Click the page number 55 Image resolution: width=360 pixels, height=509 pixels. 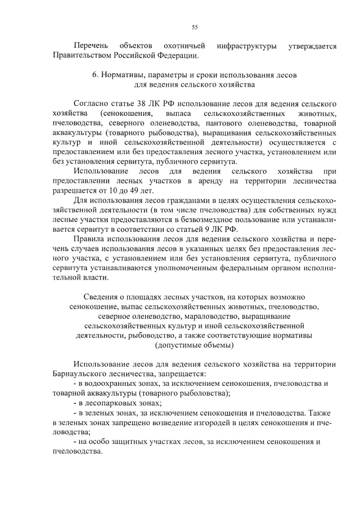(x=194, y=26)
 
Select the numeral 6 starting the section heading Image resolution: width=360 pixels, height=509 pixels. (x=94, y=75)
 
